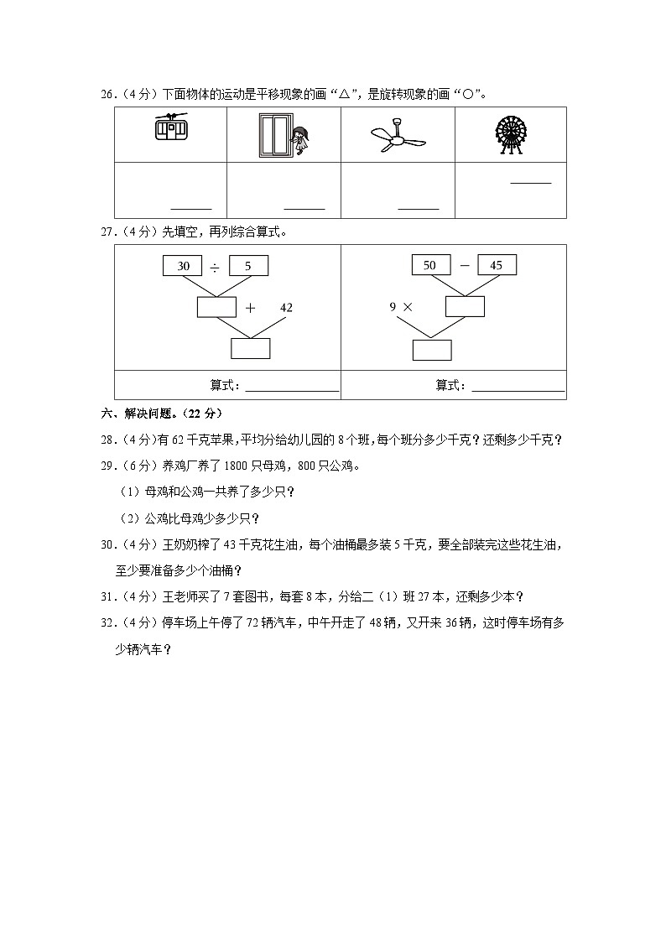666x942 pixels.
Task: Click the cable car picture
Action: click(170, 128)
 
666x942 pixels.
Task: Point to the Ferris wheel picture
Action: click(510, 134)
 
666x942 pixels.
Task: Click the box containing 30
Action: click(183, 266)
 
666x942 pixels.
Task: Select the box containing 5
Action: click(248, 266)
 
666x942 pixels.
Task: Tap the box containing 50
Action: click(430, 265)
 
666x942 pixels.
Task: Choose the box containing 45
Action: click(496, 265)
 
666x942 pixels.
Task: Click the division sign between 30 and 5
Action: click(216, 267)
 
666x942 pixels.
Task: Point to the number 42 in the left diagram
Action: click(286, 308)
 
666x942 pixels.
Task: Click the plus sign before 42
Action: click(250, 308)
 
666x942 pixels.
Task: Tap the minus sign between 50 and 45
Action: click(464, 265)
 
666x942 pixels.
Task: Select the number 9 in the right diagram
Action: click(393, 307)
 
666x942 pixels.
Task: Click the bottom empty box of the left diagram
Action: click(250, 348)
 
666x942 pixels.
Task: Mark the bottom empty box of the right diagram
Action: click(431, 349)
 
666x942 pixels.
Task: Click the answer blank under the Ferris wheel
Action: click(531, 181)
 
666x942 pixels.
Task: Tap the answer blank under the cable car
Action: click(191, 207)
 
